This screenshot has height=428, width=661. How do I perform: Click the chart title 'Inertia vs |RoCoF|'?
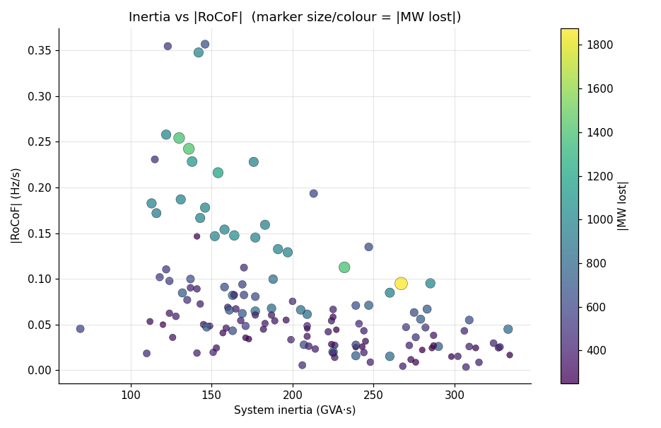(294, 17)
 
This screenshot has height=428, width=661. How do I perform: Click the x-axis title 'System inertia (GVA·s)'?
(294, 410)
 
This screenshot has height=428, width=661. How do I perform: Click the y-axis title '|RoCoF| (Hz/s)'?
(16, 205)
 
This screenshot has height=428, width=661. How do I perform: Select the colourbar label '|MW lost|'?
(622, 205)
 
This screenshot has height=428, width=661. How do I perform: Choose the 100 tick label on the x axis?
(131, 394)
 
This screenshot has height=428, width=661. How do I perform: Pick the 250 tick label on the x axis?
(373, 394)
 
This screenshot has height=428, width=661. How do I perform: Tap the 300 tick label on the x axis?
(455, 394)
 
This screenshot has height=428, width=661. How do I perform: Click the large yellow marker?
(401, 284)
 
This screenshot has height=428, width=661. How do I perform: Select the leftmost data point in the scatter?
(81, 329)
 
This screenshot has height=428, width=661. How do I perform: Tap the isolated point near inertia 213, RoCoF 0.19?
(314, 194)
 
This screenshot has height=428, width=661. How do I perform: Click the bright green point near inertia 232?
(344, 267)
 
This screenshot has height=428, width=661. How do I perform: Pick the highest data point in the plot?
(205, 45)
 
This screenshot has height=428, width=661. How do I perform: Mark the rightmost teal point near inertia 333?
(508, 329)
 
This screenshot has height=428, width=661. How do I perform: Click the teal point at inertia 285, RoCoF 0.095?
(431, 284)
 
